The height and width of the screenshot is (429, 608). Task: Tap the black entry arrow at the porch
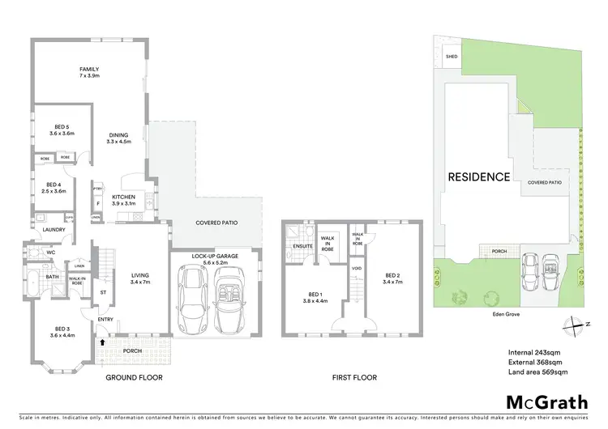[101, 342]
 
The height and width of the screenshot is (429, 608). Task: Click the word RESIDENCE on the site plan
[478, 176]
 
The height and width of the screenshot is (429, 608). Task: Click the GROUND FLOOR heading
[135, 377]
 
